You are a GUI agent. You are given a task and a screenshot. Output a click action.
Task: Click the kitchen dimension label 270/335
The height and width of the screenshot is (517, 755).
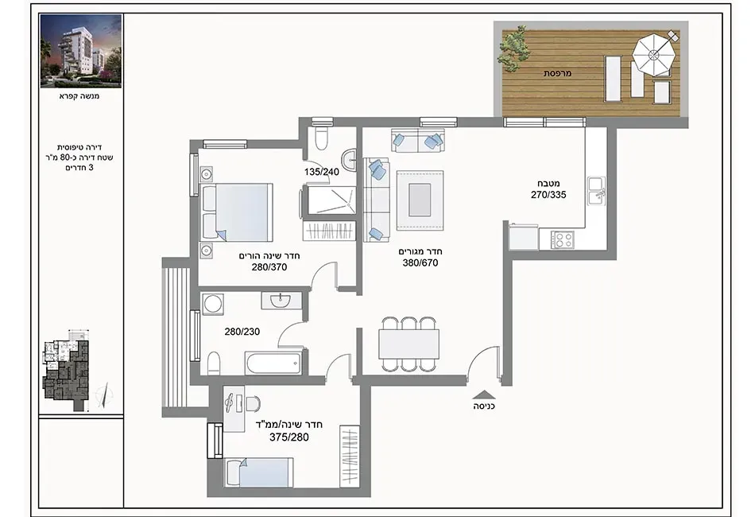coord(548,195)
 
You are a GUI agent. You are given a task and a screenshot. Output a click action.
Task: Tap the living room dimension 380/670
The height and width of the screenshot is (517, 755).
coord(420,263)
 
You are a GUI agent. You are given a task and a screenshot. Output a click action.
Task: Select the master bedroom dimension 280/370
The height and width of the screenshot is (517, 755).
coord(269,267)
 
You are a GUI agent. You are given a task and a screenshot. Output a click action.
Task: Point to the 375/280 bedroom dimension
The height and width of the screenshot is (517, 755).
coord(289,437)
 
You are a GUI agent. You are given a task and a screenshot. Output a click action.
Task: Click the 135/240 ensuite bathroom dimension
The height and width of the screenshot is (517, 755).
coord(322,172)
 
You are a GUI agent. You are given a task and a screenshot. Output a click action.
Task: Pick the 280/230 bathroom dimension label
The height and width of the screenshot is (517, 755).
coord(242,332)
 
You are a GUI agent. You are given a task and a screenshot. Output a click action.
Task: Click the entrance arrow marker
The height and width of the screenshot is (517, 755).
coord(484,395)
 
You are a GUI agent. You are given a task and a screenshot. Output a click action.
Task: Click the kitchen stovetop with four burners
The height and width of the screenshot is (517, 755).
coord(563,239)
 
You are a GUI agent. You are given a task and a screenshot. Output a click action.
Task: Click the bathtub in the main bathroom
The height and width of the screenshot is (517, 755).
coord(273,363)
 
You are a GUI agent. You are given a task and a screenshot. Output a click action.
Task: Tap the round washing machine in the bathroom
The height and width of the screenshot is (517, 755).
coord(212,304)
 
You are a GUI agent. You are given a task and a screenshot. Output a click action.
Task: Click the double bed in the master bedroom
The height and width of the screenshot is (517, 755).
coord(237,212)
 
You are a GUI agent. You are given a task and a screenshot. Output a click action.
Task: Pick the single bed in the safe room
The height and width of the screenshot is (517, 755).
coord(259,473)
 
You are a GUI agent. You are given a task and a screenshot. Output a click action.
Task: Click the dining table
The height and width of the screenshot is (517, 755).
coord(408,344)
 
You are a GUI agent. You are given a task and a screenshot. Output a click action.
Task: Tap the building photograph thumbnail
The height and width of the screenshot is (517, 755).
coord(81,51)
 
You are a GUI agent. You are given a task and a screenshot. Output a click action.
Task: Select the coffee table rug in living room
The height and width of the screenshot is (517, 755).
coord(420,200)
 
